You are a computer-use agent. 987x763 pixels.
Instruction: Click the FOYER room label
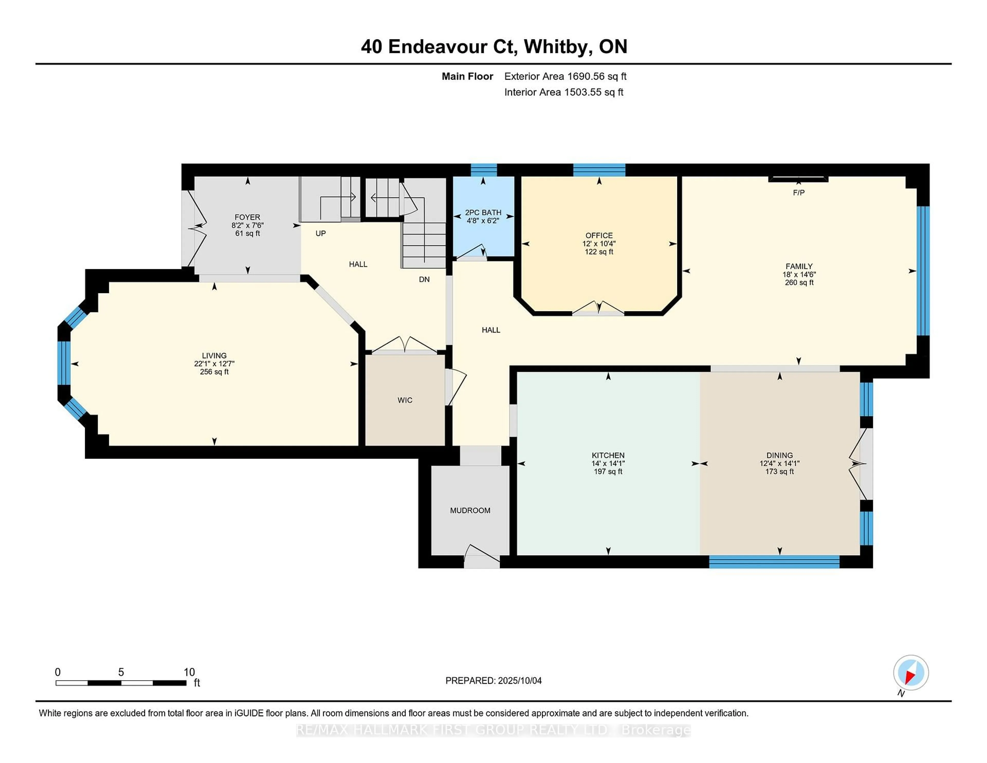click(x=247, y=217)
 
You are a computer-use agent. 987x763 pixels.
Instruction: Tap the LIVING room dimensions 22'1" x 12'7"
click(x=214, y=364)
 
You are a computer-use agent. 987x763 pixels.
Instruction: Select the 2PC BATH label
click(x=483, y=212)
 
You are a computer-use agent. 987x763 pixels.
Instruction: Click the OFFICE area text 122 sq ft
click(x=599, y=252)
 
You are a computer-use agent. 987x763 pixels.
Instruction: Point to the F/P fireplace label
click(x=799, y=193)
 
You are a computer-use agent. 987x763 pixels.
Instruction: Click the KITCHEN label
click(x=608, y=455)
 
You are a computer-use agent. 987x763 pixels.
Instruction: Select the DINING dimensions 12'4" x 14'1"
click(x=780, y=463)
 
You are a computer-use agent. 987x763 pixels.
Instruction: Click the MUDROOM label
click(x=470, y=510)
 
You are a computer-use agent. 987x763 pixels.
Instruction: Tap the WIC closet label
click(x=405, y=400)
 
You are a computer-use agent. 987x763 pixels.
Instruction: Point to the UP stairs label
click(x=321, y=233)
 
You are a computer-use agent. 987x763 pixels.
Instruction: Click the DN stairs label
click(x=424, y=279)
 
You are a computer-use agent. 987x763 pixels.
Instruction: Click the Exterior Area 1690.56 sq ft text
click(x=565, y=76)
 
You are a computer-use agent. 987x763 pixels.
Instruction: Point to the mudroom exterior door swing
click(x=481, y=554)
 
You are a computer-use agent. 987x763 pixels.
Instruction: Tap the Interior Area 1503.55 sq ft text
click(x=564, y=92)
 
